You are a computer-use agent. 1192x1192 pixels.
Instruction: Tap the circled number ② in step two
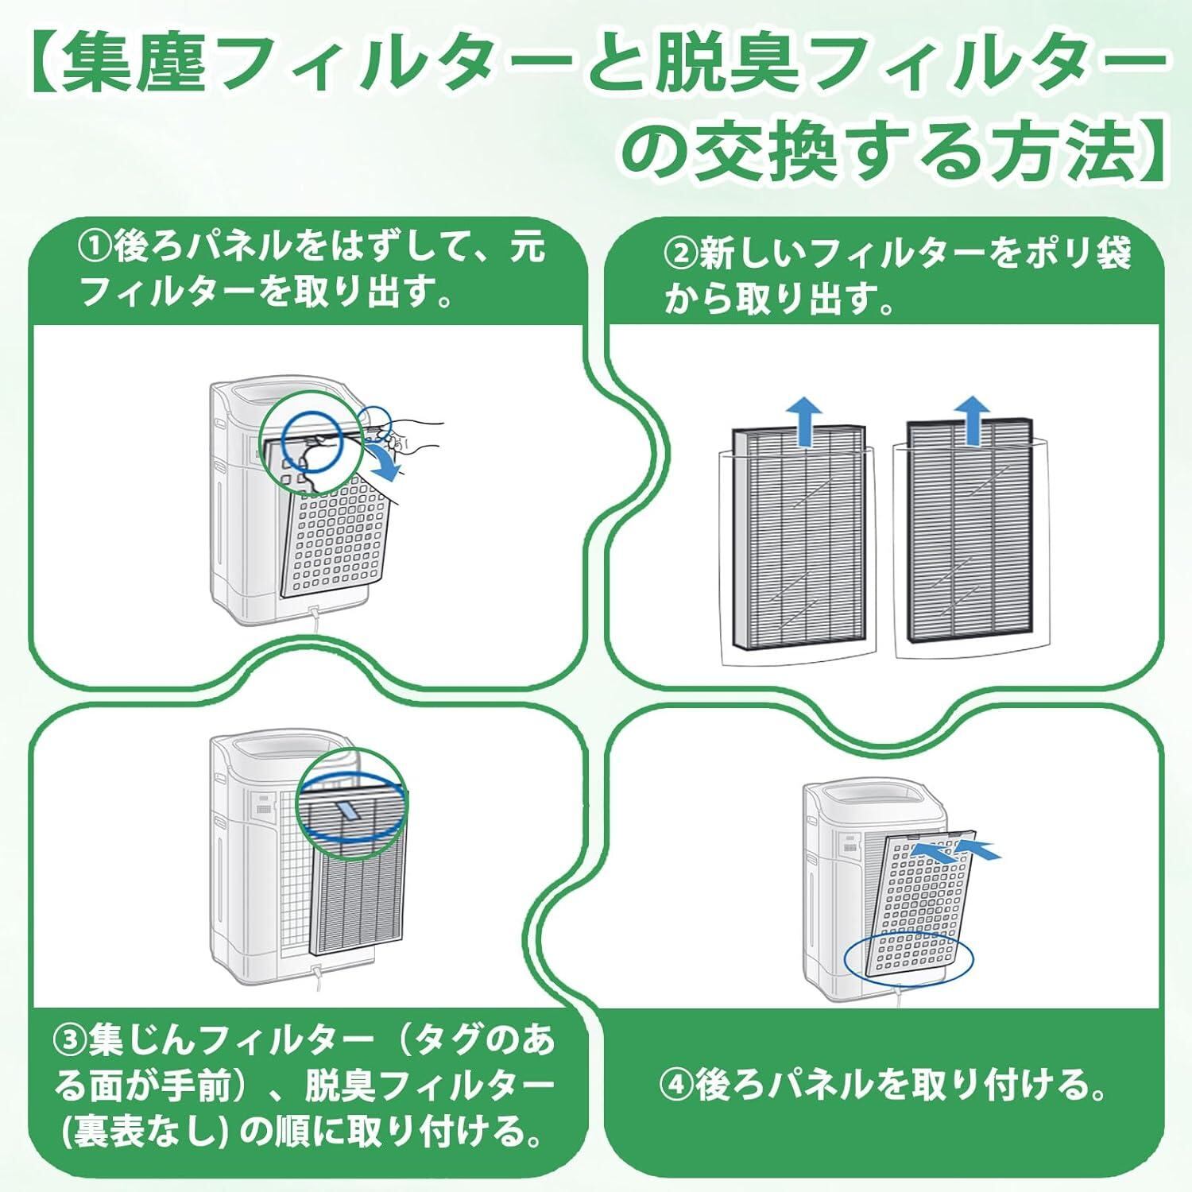point(681,256)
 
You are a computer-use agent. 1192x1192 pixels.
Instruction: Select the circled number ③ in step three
point(71,1042)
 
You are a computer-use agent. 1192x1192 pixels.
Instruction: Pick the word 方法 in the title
point(1057,151)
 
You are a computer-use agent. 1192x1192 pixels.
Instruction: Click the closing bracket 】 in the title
point(1151,151)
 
